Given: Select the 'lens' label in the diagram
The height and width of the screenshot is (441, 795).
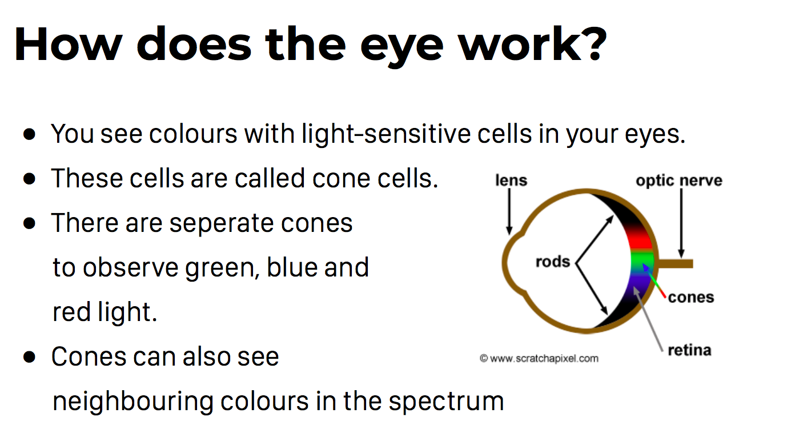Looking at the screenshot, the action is [511, 180].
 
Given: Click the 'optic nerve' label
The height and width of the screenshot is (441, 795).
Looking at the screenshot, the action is [679, 181].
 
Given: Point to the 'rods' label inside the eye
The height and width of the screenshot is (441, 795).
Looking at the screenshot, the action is [553, 262].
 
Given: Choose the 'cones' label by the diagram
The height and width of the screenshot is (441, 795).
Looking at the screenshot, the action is [690, 297].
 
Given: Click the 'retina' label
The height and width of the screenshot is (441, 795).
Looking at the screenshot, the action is [689, 350].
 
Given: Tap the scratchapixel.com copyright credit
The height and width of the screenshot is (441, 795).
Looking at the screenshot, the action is [539, 359].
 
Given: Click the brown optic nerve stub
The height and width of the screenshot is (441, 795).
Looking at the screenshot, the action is [676, 263].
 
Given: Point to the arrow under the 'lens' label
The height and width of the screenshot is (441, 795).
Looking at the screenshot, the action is [509, 211].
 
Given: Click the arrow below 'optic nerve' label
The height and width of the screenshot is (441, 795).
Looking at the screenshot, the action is [681, 223].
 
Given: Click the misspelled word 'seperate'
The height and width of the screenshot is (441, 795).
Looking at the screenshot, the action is [221, 224].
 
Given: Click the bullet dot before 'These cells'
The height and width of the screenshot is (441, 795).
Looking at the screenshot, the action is [30, 179].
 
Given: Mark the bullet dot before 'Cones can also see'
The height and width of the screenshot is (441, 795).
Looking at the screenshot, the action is [30, 357].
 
